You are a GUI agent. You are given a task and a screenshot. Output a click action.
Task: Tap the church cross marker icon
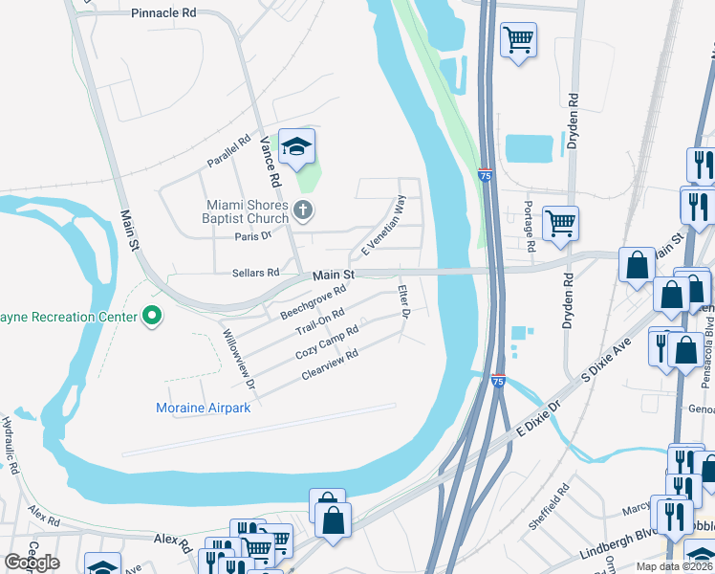303,210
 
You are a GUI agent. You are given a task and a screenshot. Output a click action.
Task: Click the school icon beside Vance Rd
297,147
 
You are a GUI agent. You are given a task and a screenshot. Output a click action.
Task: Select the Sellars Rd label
255,273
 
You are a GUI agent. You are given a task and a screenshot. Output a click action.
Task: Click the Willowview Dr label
239,359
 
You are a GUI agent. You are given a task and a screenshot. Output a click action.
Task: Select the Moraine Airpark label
203,408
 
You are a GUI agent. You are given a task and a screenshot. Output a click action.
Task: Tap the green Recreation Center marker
150,315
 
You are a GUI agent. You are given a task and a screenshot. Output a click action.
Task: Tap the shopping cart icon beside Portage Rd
560,224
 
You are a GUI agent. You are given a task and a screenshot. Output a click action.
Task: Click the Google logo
32,563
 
